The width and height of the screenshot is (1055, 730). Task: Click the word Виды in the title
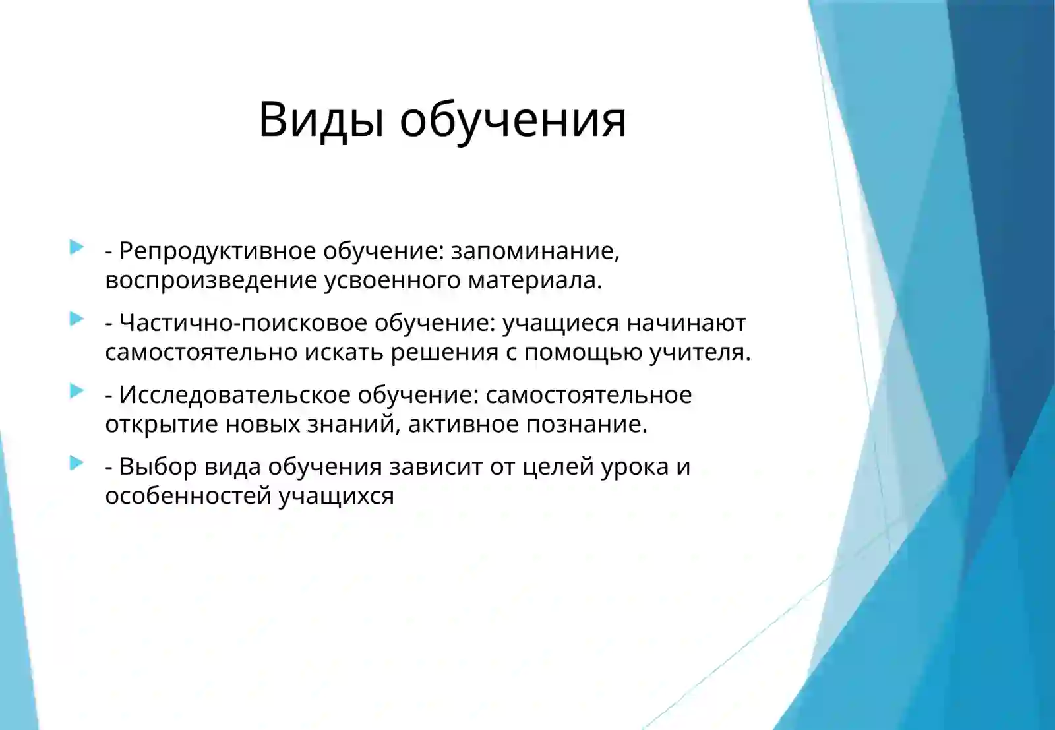pos(320,120)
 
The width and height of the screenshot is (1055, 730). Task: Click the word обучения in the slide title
pos(512,120)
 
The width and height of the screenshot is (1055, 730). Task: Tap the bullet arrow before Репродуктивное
pos(76,248)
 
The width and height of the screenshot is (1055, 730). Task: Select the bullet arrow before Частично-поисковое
pos(76,320)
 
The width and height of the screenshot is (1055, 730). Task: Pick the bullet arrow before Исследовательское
pos(76,392)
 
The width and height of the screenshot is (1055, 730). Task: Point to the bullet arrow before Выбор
pos(76,464)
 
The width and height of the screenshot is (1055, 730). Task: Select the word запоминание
pos(534,251)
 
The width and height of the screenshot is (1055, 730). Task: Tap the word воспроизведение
pos(211,280)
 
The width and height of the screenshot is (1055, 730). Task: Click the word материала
pos(535,280)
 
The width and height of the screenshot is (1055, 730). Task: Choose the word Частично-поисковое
pos(243,323)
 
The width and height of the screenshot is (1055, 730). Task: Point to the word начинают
pos(686,323)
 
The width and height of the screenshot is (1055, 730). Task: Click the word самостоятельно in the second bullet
pos(201,352)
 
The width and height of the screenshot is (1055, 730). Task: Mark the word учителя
pos(700,352)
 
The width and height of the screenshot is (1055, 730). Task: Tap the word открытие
pos(162,424)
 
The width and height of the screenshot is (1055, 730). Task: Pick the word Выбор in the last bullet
pos(158,467)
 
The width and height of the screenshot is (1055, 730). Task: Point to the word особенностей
pos(188,496)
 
